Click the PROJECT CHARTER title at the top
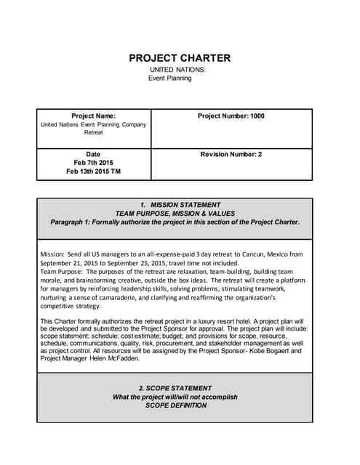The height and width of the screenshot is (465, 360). pos(180,58)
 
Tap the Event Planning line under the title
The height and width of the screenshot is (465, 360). pos(170,78)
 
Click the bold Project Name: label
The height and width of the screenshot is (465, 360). pos(93,116)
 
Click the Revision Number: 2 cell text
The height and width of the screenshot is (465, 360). pos(231,154)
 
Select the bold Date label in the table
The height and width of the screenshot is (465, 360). pos(93,154)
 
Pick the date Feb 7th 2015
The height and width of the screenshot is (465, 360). pos(93,163)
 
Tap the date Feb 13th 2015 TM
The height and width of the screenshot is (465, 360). pos(93,171)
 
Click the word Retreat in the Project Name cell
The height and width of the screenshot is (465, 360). pos(93,133)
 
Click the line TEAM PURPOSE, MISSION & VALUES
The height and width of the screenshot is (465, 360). pos(175,214)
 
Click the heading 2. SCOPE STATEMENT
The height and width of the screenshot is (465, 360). pos(175,388)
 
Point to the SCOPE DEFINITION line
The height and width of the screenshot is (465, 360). pos(175,405)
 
